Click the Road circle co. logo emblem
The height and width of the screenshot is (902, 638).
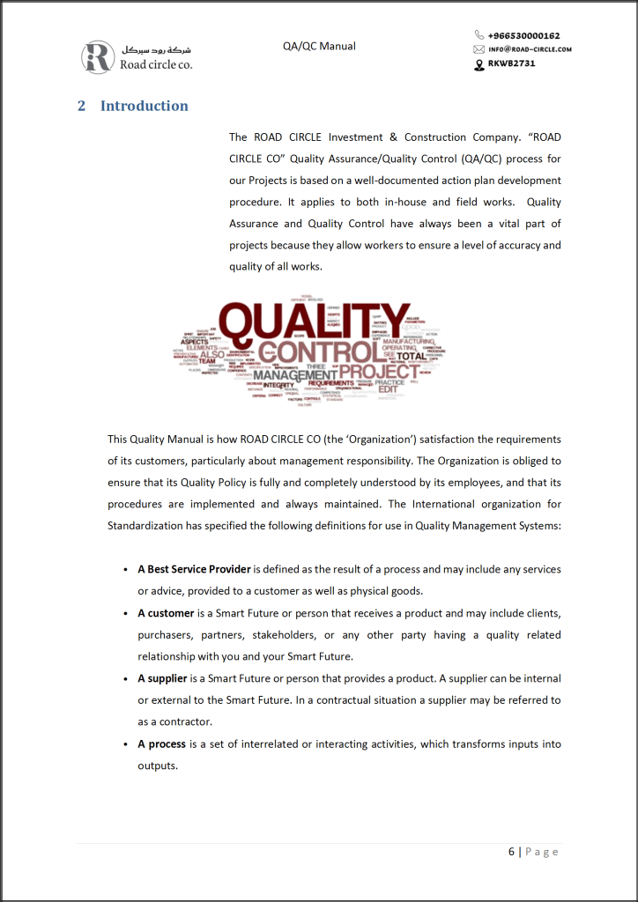tap(97, 56)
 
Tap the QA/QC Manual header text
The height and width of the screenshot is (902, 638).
tap(319, 46)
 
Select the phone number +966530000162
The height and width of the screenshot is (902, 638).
tap(523, 35)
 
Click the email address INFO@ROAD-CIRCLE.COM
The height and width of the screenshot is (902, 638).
tap(530, 49)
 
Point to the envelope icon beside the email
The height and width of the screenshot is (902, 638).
tap(479, 49)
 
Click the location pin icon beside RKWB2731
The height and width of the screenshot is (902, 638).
tap(479, 63)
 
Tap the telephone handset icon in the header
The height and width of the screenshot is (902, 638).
tap(479, 35)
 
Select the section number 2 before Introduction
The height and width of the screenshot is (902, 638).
tap(82, 106)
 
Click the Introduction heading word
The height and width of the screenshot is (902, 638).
tap(144, 106)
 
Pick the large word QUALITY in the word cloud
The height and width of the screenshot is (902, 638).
tap(315, 322)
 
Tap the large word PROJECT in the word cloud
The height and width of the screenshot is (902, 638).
tap(380, 371)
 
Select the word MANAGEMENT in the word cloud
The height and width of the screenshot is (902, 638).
tap(296, 375)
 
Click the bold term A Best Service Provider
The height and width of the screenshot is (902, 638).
tap(194, 569)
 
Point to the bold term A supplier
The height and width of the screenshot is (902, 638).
tap(162, 678)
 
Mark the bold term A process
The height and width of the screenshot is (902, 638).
tap(161, 744)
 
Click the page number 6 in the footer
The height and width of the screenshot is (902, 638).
tap(511, 852)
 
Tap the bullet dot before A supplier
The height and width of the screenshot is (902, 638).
tap(125, 679)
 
